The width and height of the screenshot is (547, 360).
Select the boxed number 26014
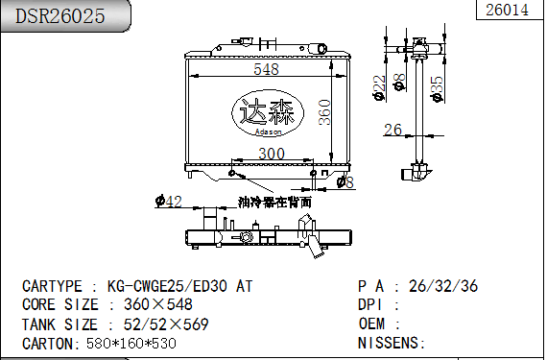click(507, 11)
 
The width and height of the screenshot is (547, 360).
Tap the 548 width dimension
click(266, 69)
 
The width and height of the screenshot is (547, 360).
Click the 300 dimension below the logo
click(271, 154)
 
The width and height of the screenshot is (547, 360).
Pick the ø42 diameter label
click(169, 201)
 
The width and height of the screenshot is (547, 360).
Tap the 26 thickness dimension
click(392, 130)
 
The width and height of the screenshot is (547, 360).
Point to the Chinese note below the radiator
click(275, 203)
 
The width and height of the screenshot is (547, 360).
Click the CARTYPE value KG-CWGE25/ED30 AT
click(180, 286)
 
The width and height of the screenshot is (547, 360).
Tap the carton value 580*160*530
click(130, 343)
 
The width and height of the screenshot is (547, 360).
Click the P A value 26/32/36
click(443, 286)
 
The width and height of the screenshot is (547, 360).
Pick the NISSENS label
click(391, 343)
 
